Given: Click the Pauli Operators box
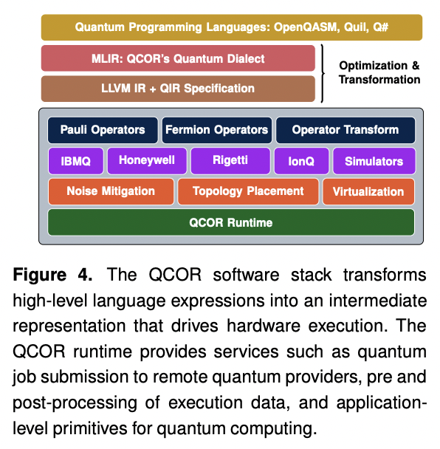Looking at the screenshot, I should click(x=103, y=130).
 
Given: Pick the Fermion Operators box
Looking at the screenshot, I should click(x=216, y=130).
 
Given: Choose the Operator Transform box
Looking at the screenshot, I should click(x=345, y=130).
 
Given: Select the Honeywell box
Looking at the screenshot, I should click(x=146, y=160).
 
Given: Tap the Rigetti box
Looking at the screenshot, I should click(x=229, y=160).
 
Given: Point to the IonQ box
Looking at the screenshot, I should click(x=300, y=160).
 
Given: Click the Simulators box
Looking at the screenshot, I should click(x=374, y=160).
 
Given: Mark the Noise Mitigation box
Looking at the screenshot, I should click(x=111, y=191).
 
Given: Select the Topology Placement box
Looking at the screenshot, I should click(x=248, y=191).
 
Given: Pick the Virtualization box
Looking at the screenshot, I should click(x=368, y=191).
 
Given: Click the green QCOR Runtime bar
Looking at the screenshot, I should click(x=231, y=222).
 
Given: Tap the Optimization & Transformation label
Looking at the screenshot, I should click(x=379, y=72).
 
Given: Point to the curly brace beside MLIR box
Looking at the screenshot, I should click(x=324, y=73).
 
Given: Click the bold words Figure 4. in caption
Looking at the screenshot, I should click(x=55, y=275).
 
